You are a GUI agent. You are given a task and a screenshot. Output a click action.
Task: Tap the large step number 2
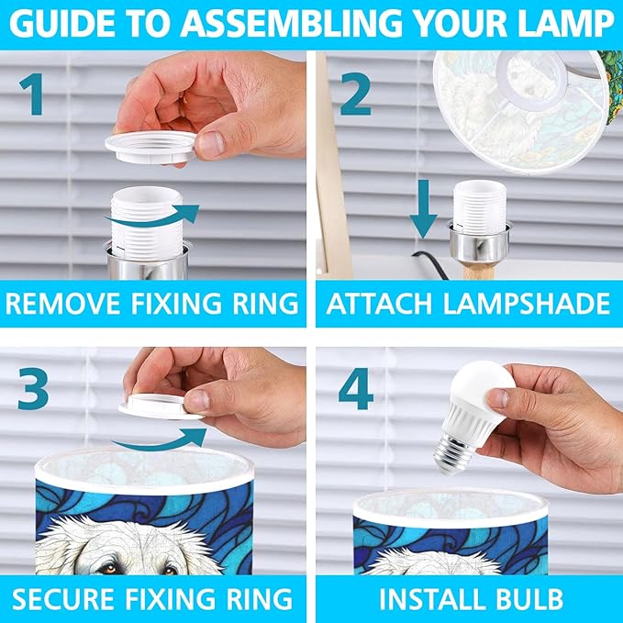click(356, 95)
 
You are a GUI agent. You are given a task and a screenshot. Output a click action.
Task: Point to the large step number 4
click(356, 389)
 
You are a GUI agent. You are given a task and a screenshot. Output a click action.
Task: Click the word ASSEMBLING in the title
click(294, 24)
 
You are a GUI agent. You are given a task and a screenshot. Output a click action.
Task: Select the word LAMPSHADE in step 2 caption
click(528, 304)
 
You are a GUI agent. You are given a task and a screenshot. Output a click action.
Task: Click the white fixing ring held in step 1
click(151, 147)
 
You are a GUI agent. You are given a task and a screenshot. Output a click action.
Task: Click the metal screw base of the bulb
click(453, 453)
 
